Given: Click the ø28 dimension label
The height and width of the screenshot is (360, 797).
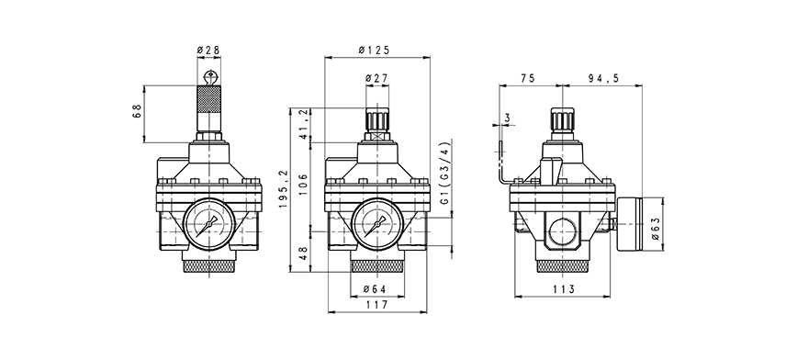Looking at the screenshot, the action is pyautogui.click(x=208, y=50).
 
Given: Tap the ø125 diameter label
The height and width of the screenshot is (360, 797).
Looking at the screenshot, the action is pyautogui.click(x=374, y=50).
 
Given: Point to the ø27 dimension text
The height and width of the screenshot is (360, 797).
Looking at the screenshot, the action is pyautogui.click(x=376, y=78).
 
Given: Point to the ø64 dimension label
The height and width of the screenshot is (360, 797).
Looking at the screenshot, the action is pyautogui.click(x=376, y=288).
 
